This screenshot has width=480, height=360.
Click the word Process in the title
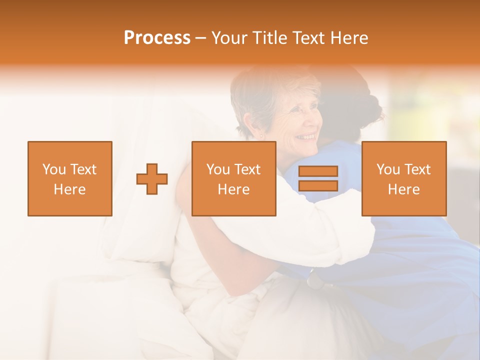[x=157, y=38]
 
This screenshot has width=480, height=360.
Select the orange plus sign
[x=152, y=178]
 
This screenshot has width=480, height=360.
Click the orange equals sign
[x=318, y=178]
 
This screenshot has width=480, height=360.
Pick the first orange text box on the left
[x=69, y=178]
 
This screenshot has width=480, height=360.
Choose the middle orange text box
[x=233, y=178]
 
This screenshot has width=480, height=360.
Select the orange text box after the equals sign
[x=403, y=178]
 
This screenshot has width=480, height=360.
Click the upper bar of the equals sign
[x=318, y=171]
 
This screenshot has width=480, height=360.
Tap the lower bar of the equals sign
[x=318, y=185]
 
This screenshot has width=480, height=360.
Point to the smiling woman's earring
[x=260, y=135]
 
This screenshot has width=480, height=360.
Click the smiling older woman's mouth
[x=306, y=136]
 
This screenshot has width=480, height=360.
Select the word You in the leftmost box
[x=53, y=169]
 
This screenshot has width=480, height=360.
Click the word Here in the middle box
[x=233, y=189]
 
